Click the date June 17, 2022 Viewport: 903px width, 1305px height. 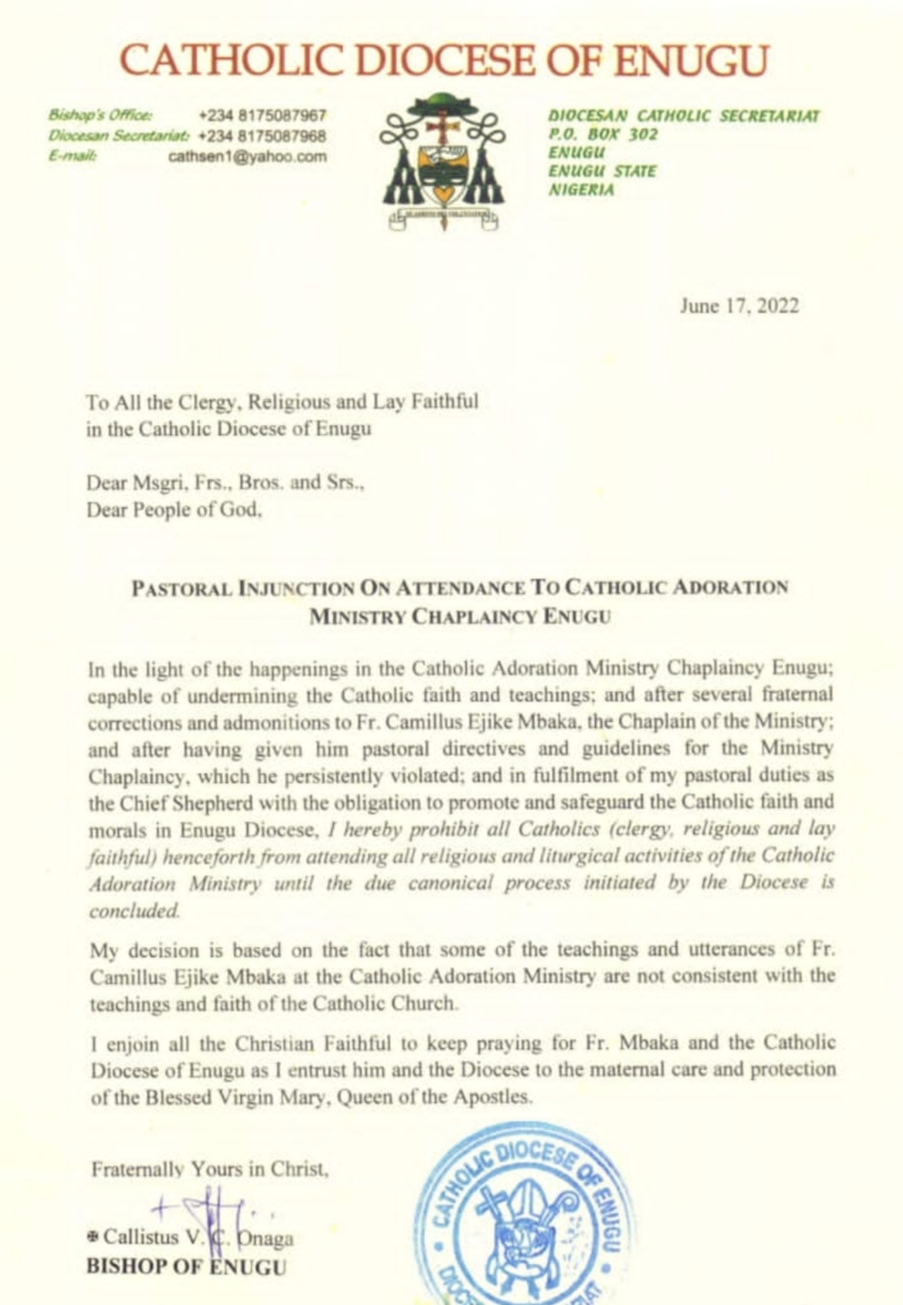point(738,306)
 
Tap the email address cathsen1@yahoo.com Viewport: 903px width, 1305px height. point(247,156)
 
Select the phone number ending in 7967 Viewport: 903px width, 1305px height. point(262,115)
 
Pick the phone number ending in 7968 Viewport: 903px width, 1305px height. point(262,136)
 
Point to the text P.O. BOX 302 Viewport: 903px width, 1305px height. point(603,134)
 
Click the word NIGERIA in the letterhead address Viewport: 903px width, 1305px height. point(581,190)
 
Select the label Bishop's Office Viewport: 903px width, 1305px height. point(100,115)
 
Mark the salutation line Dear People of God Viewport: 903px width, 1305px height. point(174,510)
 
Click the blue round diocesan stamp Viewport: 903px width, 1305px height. point(525,1218)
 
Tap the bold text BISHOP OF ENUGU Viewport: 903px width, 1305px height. point(186,1267)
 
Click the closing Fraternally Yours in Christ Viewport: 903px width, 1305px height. point(209,1169)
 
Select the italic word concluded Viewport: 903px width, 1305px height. point(134,911)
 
